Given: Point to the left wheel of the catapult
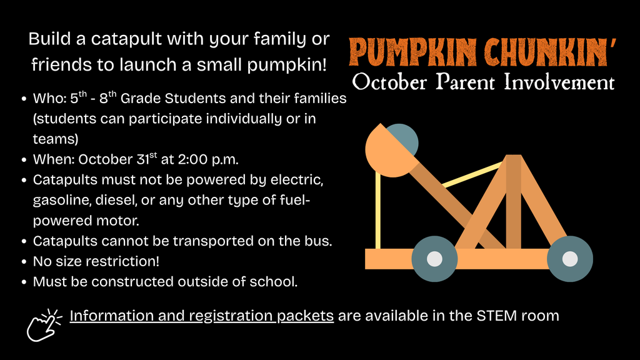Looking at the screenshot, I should pos(434,258).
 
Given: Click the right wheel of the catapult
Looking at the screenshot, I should pos(569,258).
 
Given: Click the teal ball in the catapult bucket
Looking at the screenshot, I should pos(403,139).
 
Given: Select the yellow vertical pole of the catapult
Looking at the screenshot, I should pos(377,209).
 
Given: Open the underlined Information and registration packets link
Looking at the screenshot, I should pos(201,316).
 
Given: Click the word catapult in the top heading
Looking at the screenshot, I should pos(124,40).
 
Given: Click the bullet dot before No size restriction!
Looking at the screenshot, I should pos(23,261).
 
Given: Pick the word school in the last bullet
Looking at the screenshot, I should pos(272,282).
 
